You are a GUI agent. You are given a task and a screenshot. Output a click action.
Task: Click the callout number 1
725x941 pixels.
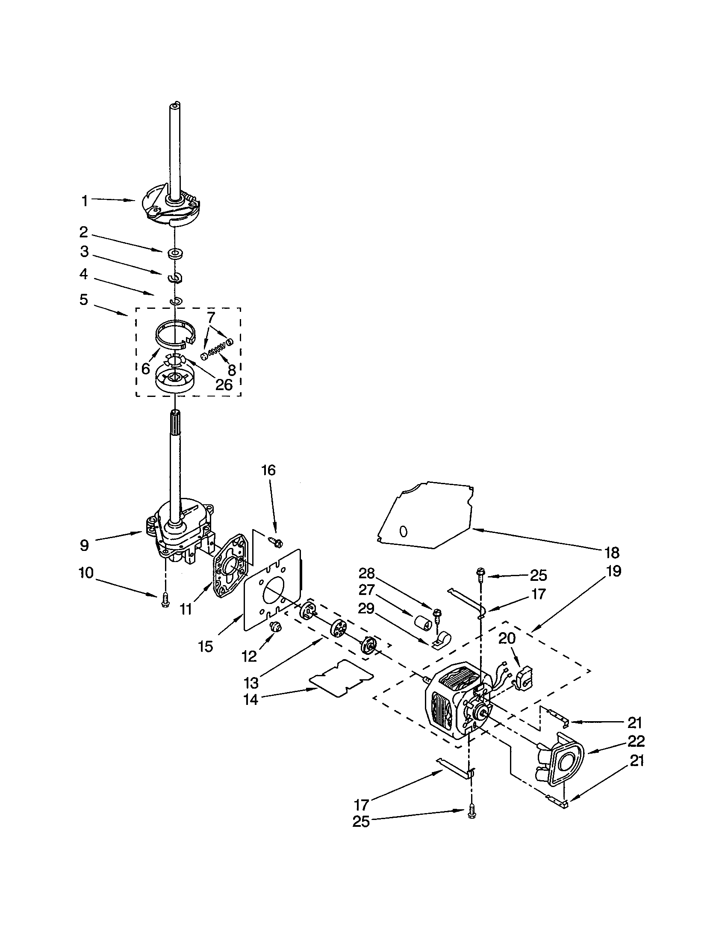coord(84,201)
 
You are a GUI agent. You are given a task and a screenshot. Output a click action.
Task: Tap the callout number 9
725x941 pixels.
coord(84,545)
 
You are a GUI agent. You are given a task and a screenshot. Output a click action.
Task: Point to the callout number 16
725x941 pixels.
coord(268,470)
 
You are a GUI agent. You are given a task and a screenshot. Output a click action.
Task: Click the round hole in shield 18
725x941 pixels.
coord(404,532)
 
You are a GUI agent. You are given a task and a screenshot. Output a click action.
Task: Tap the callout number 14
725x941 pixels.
coord(251,700)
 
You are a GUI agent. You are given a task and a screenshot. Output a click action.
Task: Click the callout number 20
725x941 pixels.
coord(507,638)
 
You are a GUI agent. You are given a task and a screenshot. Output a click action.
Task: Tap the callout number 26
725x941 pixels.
coord(224,385)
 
